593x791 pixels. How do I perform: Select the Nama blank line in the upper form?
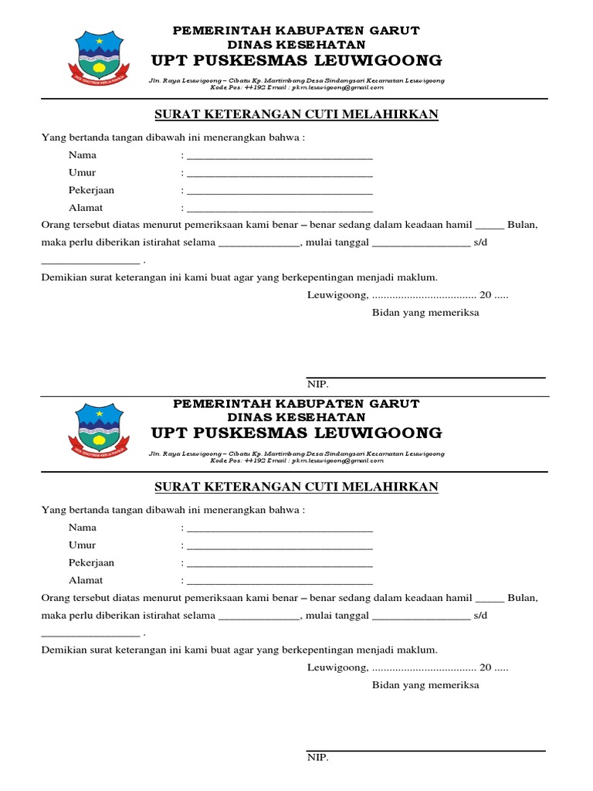click(280, 157)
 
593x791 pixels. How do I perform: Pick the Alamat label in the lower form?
click(86, 580)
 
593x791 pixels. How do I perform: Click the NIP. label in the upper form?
click(317, 385)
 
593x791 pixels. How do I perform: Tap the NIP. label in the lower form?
click(317, 757)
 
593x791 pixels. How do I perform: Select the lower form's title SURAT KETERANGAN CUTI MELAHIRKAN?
click(296, 487)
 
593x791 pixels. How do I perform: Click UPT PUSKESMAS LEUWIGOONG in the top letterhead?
click(296, 60)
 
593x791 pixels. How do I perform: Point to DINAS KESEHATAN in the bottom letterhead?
click(296, 418)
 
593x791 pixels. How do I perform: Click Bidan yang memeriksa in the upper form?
click(425, 312)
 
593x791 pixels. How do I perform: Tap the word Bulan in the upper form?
click(522, 225)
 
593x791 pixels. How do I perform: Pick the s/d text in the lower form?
click(479, 616)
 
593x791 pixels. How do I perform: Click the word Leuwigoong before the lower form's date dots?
click(337, 667)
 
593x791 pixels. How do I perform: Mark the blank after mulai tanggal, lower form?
click(421, 618)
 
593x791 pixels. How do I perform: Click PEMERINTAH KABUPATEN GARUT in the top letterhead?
click(296, 30)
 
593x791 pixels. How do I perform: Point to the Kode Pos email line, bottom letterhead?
click(296, 460)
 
